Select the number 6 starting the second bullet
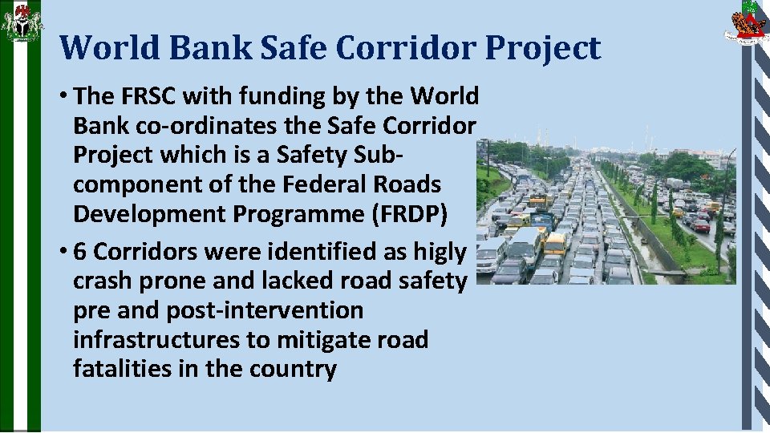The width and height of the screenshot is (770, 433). click(80, 252)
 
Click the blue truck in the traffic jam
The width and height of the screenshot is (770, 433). click(543, 220)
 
